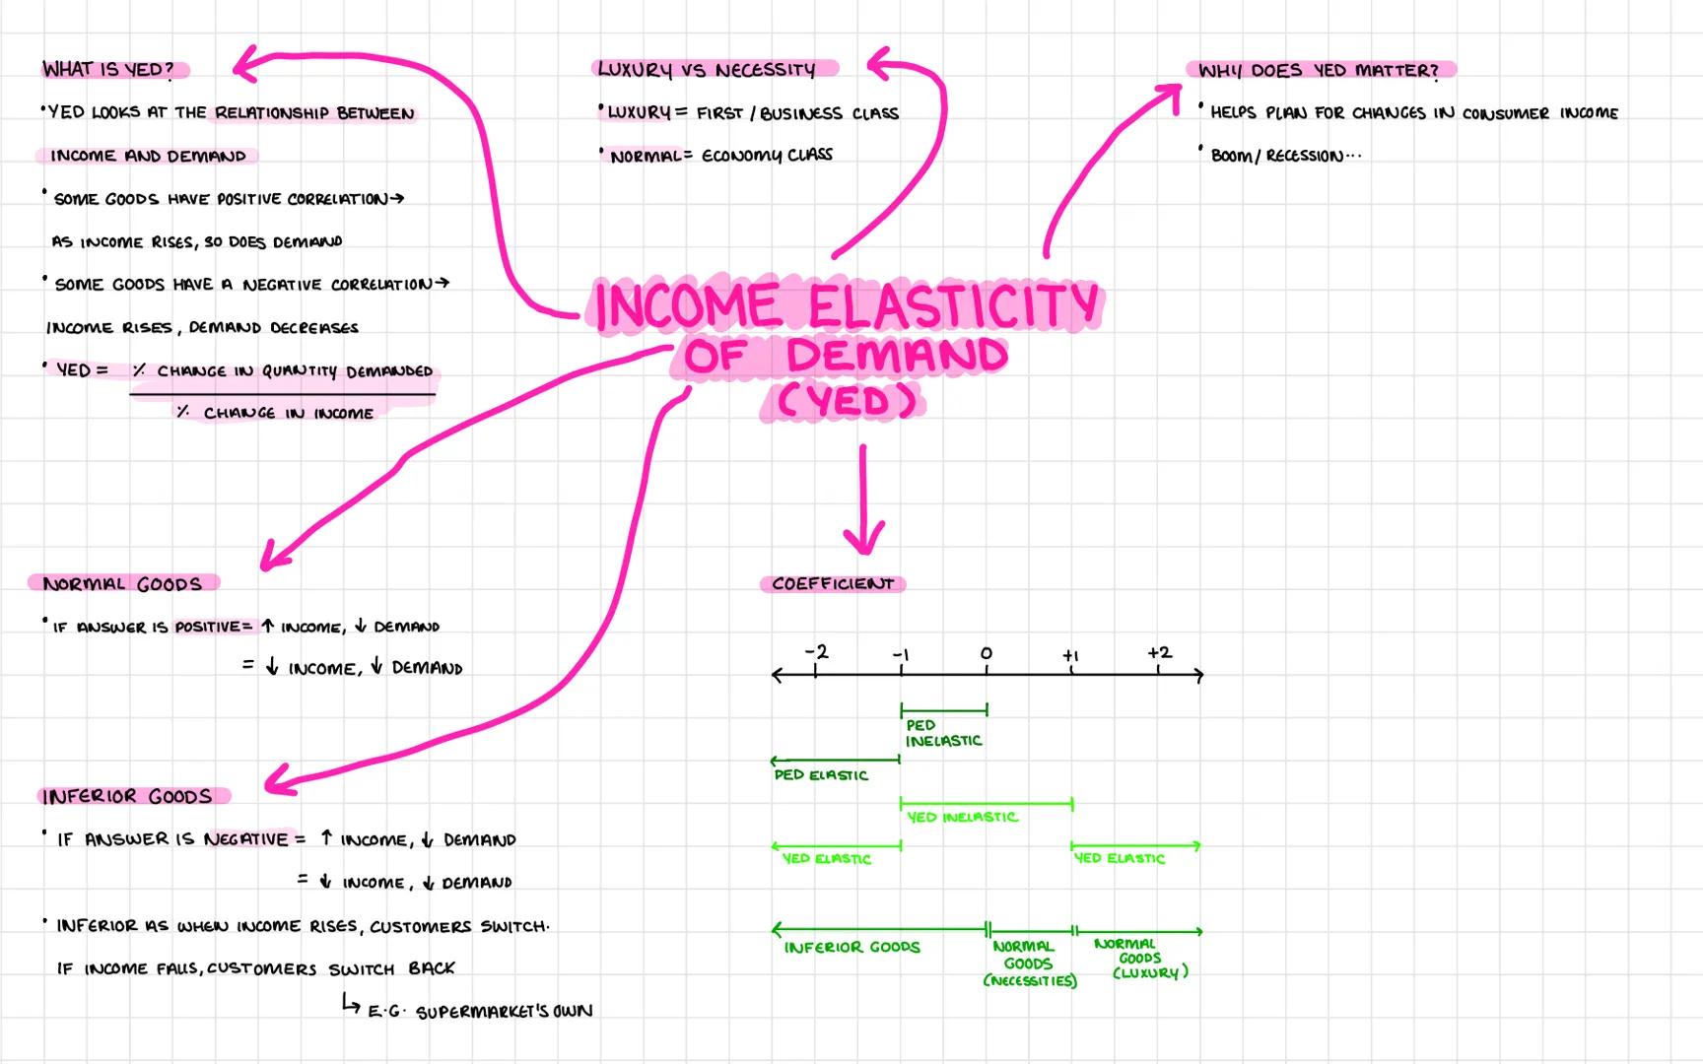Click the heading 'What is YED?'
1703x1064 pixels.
click(x=108, y=69)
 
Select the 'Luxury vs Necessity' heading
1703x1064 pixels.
click(x=707, y=69)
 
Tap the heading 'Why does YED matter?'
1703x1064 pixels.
click(x=1319, y=70)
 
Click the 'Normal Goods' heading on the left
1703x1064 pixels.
click(x=122, y=583)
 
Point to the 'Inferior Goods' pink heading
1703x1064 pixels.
click(x=127, y=796)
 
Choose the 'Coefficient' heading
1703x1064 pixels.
click(x=833, y=583)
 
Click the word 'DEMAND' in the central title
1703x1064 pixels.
click(x=897, y=355)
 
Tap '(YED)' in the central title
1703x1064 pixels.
click(x=846, y=401)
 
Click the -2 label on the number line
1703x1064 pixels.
click(x=816, y=652)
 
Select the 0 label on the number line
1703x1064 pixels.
click(x=986, y=653)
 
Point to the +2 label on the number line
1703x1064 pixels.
click(x=1159, y=652)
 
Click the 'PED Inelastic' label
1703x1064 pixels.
click(x=943, y=733)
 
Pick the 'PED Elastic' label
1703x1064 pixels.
click(x=821, y=775)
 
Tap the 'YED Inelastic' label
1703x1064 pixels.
click(x=962, y=817)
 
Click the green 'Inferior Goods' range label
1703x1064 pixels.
click(x=851, y=947)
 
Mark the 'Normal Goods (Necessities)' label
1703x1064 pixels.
click(x=1029, y=964)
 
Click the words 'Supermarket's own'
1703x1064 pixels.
click(x=504, y=1012)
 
